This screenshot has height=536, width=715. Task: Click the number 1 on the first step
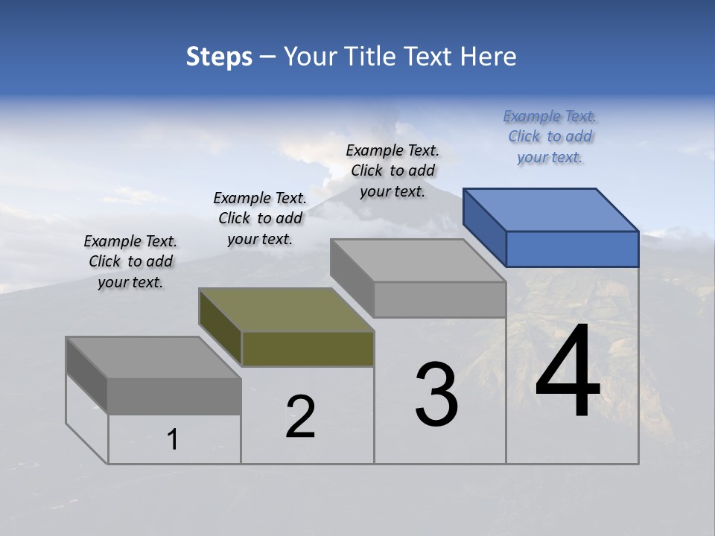point(173,440)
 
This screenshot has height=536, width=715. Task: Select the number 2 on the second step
point(300,417)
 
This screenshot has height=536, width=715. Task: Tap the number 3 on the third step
point(436,395)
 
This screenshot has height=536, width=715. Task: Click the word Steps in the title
point(219,57)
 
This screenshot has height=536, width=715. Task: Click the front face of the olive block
point(308,349)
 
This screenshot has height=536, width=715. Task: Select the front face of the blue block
point(572,249)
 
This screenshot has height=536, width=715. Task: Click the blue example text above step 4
point(550,137)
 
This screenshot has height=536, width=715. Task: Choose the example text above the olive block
point(260,218)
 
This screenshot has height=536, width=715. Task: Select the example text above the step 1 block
point(130,261)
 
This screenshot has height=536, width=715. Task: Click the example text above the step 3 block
point(393,170)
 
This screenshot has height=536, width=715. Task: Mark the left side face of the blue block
point(484,227)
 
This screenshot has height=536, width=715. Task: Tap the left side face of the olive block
point(220,327)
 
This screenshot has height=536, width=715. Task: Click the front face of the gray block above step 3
point(439,300)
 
